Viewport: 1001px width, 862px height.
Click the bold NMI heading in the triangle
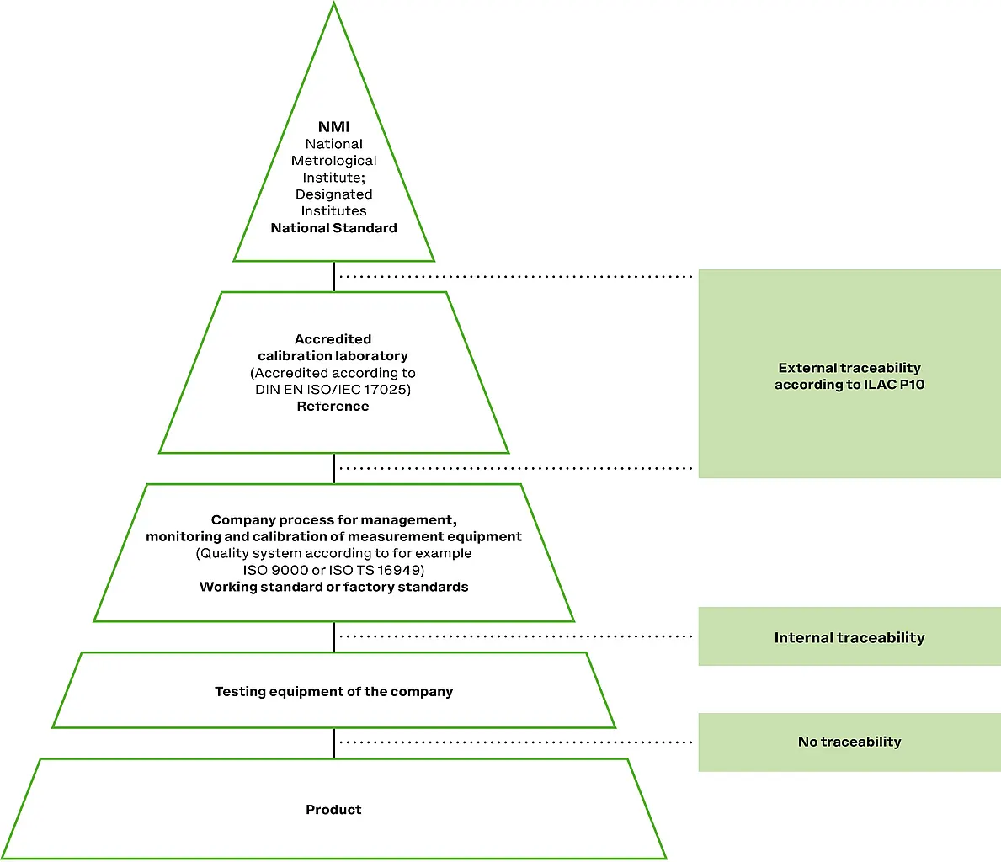[333, 127]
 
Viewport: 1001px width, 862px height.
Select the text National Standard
[333, 228]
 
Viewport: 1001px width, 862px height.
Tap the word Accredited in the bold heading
[333, 339]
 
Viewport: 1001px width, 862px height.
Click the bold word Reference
[333, 407]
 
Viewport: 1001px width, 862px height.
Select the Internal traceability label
[849, 638]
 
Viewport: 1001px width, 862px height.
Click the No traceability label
[849, 742]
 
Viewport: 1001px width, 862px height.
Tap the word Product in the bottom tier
[333, 810]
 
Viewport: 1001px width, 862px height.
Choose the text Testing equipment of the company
[333, 692]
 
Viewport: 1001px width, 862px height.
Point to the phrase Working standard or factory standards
[333, 587]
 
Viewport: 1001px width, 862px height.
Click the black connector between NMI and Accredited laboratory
[333, 277]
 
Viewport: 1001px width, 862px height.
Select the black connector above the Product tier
[333, 743]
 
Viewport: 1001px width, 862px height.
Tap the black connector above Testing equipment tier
[333, 637]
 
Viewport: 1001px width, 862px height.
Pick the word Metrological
[333, 161]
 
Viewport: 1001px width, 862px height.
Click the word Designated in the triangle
[333, 194]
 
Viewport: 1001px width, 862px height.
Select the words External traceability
[849, 368]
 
